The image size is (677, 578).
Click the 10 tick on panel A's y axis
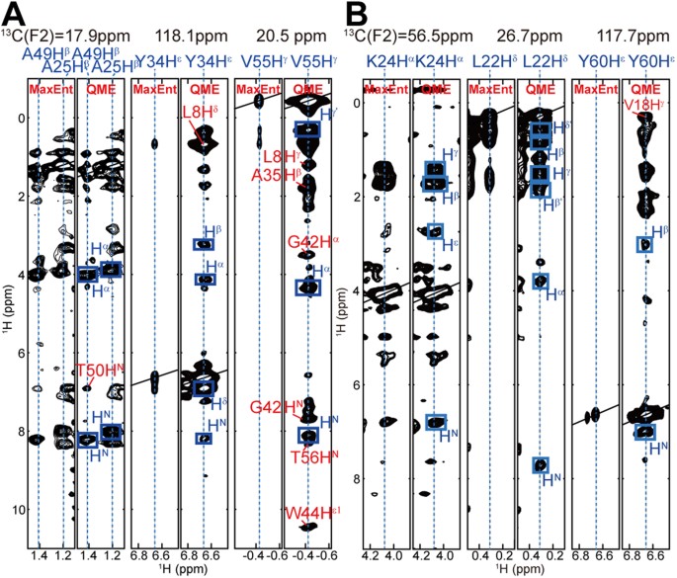(15, 510)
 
